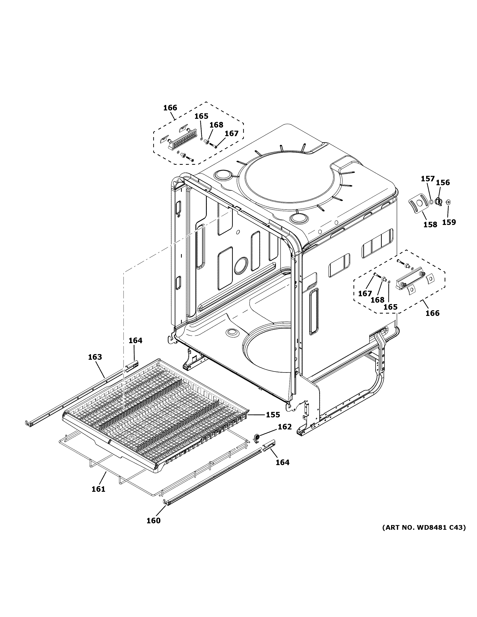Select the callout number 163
click(x=95, y=357)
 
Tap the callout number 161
click(x=98, y=489)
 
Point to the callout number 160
click(x=153, y=521)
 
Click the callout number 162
click(x=284, y=427)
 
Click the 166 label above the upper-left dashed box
click(x=170, y=108)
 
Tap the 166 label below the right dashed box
click(x=433, y=313)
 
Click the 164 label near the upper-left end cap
click(x=135, y=341)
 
